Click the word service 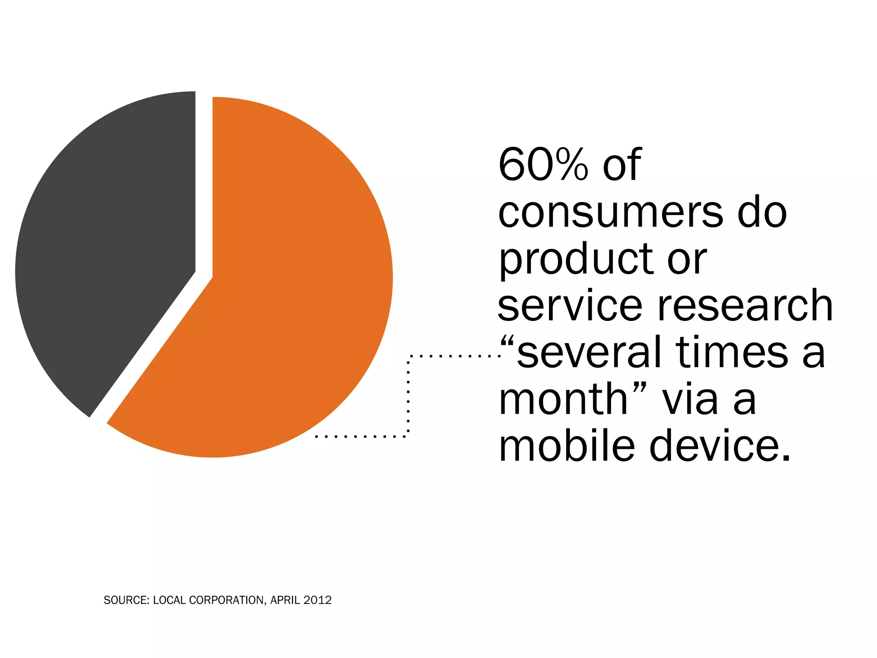click(x=570, y=305)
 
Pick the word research click(x=745, y=305)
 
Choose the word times click(x=732, y=352)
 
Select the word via click(x=690, y=399)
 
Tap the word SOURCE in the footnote click(x=126, y=600)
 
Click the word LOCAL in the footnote click(x=170, y=600)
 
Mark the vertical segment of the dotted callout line click(x=409, y=396)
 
